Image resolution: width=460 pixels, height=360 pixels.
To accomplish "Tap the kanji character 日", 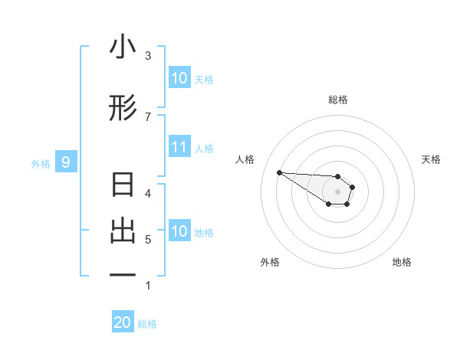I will (x=123, y=186).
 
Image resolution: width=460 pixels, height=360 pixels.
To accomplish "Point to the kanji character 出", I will (x=123, y=231).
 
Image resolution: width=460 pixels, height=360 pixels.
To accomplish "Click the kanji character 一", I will (x=123, y=275).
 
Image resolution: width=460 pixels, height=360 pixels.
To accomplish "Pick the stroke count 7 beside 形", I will (x=148, y=116).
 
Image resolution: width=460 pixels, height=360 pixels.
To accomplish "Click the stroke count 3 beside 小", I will (x=148, y=55).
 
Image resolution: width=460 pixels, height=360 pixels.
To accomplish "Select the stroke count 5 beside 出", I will (x=148, y=240).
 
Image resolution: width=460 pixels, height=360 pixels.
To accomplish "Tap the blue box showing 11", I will (x=179, y=147).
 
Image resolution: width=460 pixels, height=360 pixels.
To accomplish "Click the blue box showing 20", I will (x=123, y=322).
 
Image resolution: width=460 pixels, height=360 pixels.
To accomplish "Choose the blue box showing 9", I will (x=66, y=162).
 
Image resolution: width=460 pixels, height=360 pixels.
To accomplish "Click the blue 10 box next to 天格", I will (x=179, y=78).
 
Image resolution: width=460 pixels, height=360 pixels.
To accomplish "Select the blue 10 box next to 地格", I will (x=179, y=231).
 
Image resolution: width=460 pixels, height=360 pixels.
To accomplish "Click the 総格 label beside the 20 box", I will (x=147, y=324).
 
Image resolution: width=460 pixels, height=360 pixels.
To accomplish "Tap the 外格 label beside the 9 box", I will (x=40, y=163).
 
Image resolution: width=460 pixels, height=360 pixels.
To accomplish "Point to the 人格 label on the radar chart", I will (x=245, y=159).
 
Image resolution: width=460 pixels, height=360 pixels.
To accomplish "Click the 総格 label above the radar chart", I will (x=338, y=100).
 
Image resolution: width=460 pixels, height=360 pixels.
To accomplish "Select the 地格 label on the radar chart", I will (x=402, y=262).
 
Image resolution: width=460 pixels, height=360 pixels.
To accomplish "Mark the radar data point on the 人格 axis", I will (x=280, y=172).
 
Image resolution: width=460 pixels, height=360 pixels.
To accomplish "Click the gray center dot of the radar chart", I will (x=338, y=191).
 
